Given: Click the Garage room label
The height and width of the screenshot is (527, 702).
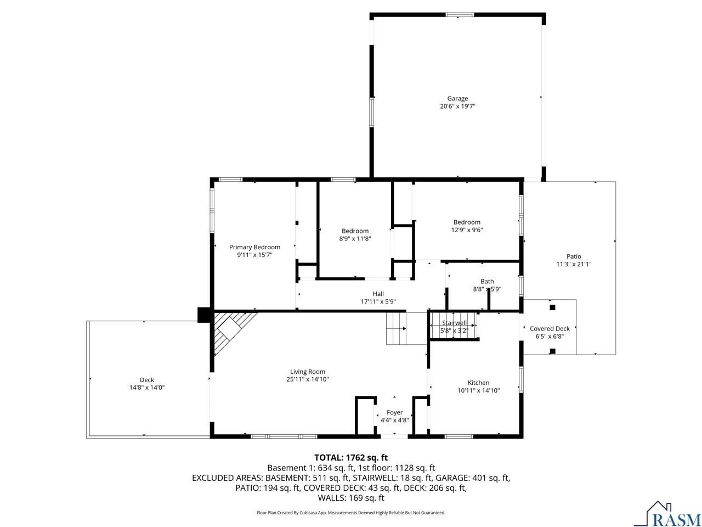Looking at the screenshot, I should tap(457, 99).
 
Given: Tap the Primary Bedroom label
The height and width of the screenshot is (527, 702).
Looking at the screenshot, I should tap(254, 247).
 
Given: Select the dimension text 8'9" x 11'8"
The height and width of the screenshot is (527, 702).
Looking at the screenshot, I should tap(355, 239).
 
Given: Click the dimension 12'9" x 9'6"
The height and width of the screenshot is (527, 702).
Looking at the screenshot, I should tap(467, 231).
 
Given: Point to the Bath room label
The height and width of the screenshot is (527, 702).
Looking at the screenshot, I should tap(487, 282).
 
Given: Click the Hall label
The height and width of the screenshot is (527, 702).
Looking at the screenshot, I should tap(378, 294).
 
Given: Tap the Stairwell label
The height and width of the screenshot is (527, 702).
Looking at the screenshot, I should tap(454, 323).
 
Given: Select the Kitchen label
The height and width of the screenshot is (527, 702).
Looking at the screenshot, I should tap(478, 383).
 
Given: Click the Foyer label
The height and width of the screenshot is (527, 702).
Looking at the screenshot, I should tap(394, 412).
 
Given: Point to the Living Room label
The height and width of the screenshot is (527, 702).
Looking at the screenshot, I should tap(308, 372).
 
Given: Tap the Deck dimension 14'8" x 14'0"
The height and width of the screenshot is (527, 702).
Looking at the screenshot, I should tap(146, 388).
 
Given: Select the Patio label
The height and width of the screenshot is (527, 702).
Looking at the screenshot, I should tap(574, 256).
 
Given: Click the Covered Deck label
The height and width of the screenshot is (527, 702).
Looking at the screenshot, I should tap(550, 329).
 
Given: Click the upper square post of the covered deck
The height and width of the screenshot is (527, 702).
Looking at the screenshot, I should tap(552, 307).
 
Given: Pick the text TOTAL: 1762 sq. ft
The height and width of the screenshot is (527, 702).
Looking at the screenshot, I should tap(351, 457).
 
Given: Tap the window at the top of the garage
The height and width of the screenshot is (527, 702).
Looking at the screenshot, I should tap(459, 15).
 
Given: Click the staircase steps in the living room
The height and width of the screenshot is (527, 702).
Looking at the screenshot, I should tap(396, 328).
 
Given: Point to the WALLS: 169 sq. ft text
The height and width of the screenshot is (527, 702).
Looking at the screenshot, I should tap(351, 498).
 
